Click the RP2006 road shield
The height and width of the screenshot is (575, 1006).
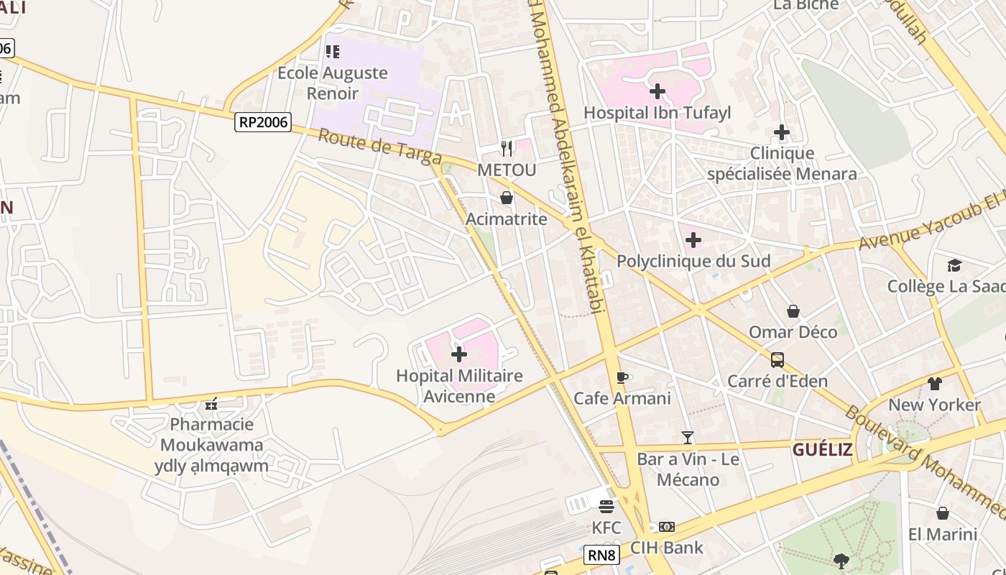263,122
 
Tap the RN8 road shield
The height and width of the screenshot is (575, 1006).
601,555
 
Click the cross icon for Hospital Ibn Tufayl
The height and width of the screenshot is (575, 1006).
657,91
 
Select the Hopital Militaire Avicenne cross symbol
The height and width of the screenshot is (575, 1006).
459,354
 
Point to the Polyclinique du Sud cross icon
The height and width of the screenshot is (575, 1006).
693,240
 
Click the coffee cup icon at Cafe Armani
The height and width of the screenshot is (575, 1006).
622,377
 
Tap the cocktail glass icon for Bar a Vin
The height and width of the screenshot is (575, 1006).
688,437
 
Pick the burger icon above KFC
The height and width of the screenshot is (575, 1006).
606,507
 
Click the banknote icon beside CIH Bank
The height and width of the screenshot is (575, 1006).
667,527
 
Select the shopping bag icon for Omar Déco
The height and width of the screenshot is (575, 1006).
793,311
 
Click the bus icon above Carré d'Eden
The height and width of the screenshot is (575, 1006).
777,359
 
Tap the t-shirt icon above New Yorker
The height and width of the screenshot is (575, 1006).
934,384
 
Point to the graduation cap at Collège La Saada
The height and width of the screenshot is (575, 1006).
954,266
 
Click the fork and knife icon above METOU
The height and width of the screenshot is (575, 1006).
507,149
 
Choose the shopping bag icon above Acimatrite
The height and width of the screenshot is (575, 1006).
507,198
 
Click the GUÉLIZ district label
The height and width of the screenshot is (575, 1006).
823,450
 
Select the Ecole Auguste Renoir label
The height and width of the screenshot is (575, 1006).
333,83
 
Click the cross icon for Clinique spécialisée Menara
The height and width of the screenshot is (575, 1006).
782,132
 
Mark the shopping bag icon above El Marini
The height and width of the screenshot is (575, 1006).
943,513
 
